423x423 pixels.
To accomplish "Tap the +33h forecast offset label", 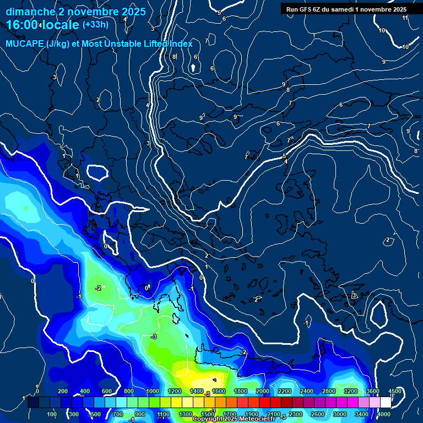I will point(95,25).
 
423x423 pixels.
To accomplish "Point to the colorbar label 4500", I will point(394,391).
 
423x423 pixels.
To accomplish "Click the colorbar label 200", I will point(63,391).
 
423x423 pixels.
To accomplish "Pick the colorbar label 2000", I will point(263,391).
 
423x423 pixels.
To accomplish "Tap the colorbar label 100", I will point(52,414).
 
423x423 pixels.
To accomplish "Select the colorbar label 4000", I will point(384,414).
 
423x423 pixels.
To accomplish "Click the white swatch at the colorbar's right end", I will point(385,403).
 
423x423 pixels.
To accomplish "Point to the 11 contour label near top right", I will point(405,18).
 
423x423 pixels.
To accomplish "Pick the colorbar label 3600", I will point(372,391).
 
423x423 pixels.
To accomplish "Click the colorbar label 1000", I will point(152,391).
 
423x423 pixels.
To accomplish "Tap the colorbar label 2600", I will point(318,414).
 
